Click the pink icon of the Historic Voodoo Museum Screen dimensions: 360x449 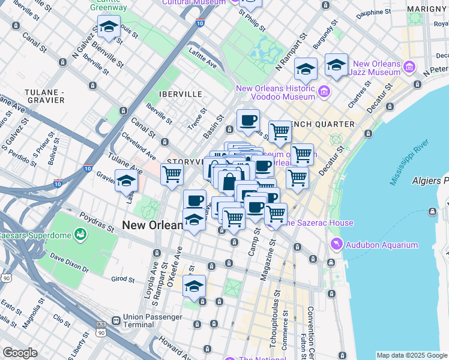click(324, 92)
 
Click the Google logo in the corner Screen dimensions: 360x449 click(19, 353)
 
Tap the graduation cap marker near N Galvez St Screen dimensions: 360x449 click(109, 27)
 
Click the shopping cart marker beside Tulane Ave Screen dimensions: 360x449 click(172, 175)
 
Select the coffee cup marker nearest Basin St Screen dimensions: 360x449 click(247, 120)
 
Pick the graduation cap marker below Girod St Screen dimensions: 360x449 click(194, 287)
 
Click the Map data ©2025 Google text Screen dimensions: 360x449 click(411, 355)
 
